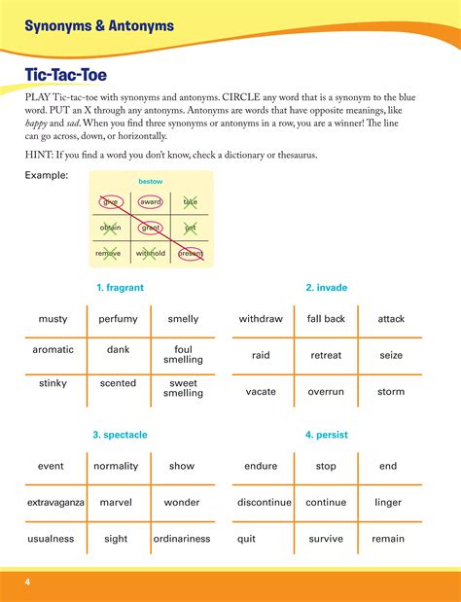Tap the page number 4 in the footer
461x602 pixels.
click(x=28, y=582)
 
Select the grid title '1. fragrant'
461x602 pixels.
click(x=120, y=288)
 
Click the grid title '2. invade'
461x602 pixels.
click(x=326, y=288)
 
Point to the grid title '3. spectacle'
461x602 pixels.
click(x=120, y=435)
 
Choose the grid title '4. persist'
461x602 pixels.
click(x=326, y=435)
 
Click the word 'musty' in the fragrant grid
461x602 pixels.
click(x=53, y=319)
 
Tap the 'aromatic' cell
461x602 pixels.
click(x=53, y=350)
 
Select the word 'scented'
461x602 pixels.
click(x=119, y=383)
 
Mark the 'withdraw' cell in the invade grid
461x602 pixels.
click(x=261, y=319)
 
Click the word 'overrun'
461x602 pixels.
click(x=326, y=391)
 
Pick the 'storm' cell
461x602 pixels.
click(x=390, y=391)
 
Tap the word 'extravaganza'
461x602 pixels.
click(x=53, y=503)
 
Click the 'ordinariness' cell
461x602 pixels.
click(x=182, y=539)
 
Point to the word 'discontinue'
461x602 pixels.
click(x=261, y=503)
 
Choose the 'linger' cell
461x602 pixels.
click(x=388, y=503)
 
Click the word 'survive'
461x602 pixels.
click(x=326, y=539)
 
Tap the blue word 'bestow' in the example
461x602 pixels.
click(x=150, y=181)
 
